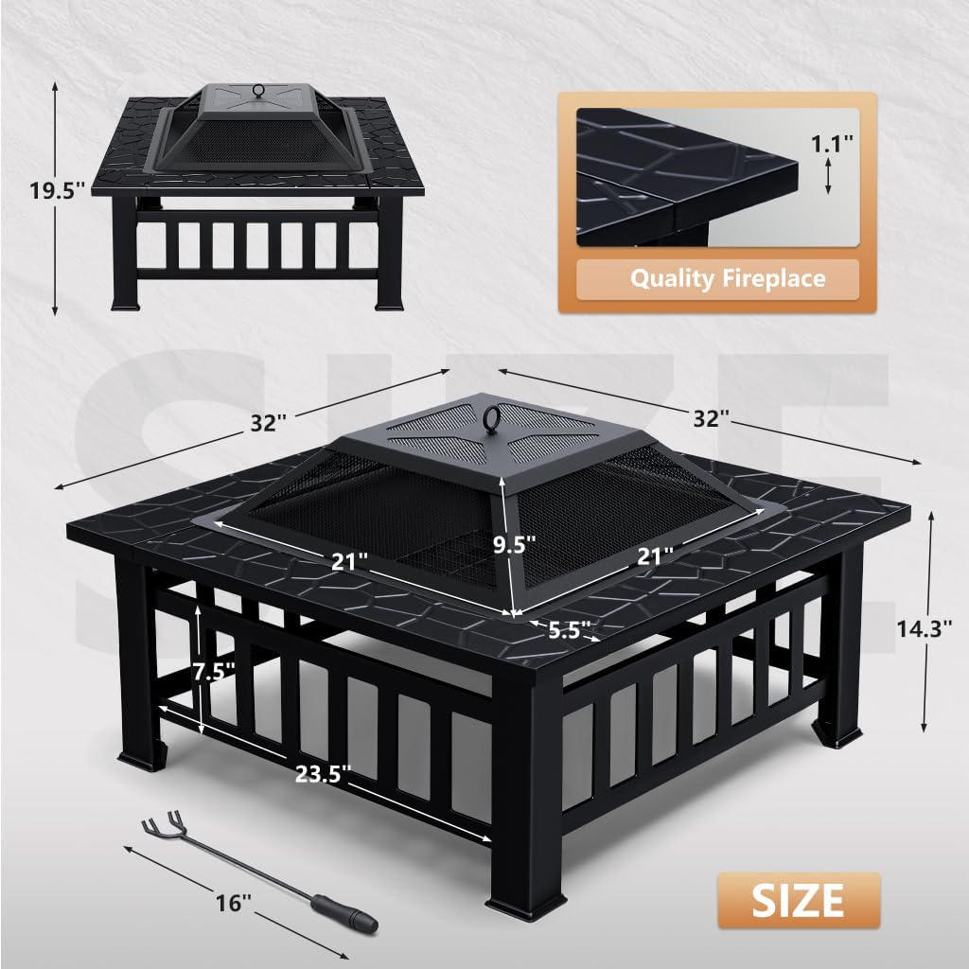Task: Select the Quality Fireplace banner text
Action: coord(727,278)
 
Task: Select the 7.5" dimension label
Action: coord(214,672)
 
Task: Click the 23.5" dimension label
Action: coord(325,775)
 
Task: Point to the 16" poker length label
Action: coord(230,904)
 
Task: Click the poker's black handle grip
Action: coord(347,915)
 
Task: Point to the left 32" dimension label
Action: coord(269,421)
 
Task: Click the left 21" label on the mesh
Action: coord(349,561)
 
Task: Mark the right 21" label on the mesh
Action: coord(656,556)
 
